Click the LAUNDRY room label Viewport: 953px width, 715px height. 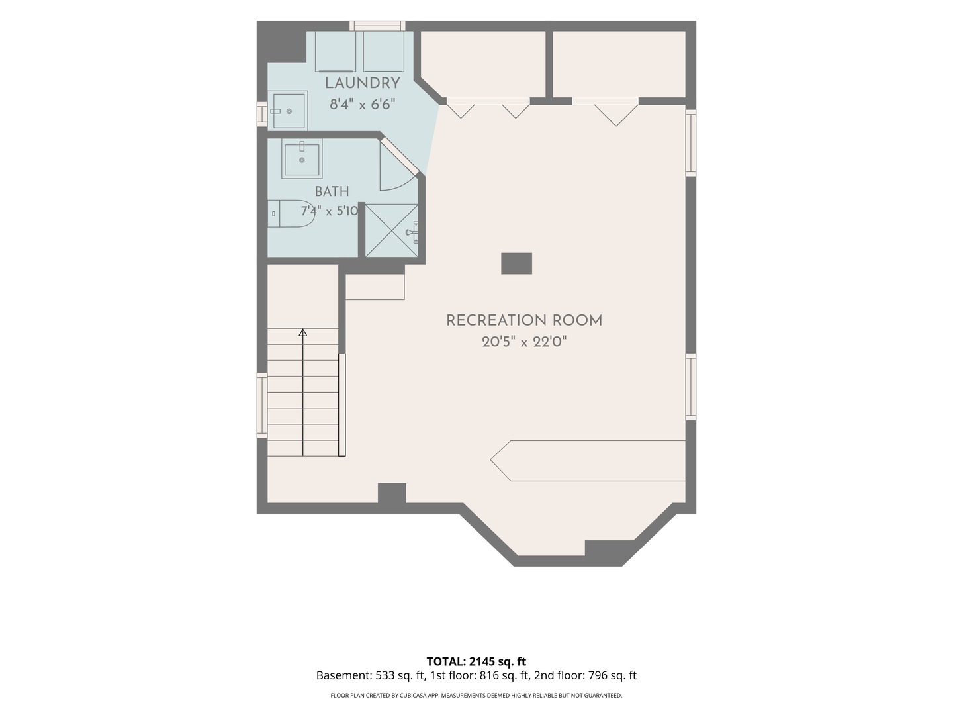(x=362, y=83)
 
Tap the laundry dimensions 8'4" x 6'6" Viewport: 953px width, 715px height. (x=362, y=104)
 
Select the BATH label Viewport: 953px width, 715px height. (x=332, y=191)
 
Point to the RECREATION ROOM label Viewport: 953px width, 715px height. (x=524, y=320)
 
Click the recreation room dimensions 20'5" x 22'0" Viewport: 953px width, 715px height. (x=524, y=342)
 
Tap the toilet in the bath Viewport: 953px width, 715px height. (x=291, y=214)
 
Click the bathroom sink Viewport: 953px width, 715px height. (x=302, y=158)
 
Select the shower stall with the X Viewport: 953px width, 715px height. (x=392, y=230)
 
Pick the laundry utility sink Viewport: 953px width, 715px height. (x=288, y=111)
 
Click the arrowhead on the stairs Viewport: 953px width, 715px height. (x=303, y=332)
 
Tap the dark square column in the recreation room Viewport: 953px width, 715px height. (x=516, y=263)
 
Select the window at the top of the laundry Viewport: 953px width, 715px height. (x=377, y=26)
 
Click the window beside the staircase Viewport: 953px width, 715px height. (x=262, y=405)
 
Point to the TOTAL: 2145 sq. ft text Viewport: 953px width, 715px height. (x=476, y=661)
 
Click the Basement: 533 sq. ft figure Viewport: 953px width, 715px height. (x=370, y=675)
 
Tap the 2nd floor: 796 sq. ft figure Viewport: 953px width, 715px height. (x=585, y=675)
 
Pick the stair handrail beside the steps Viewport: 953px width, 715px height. (x=341, y=405)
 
